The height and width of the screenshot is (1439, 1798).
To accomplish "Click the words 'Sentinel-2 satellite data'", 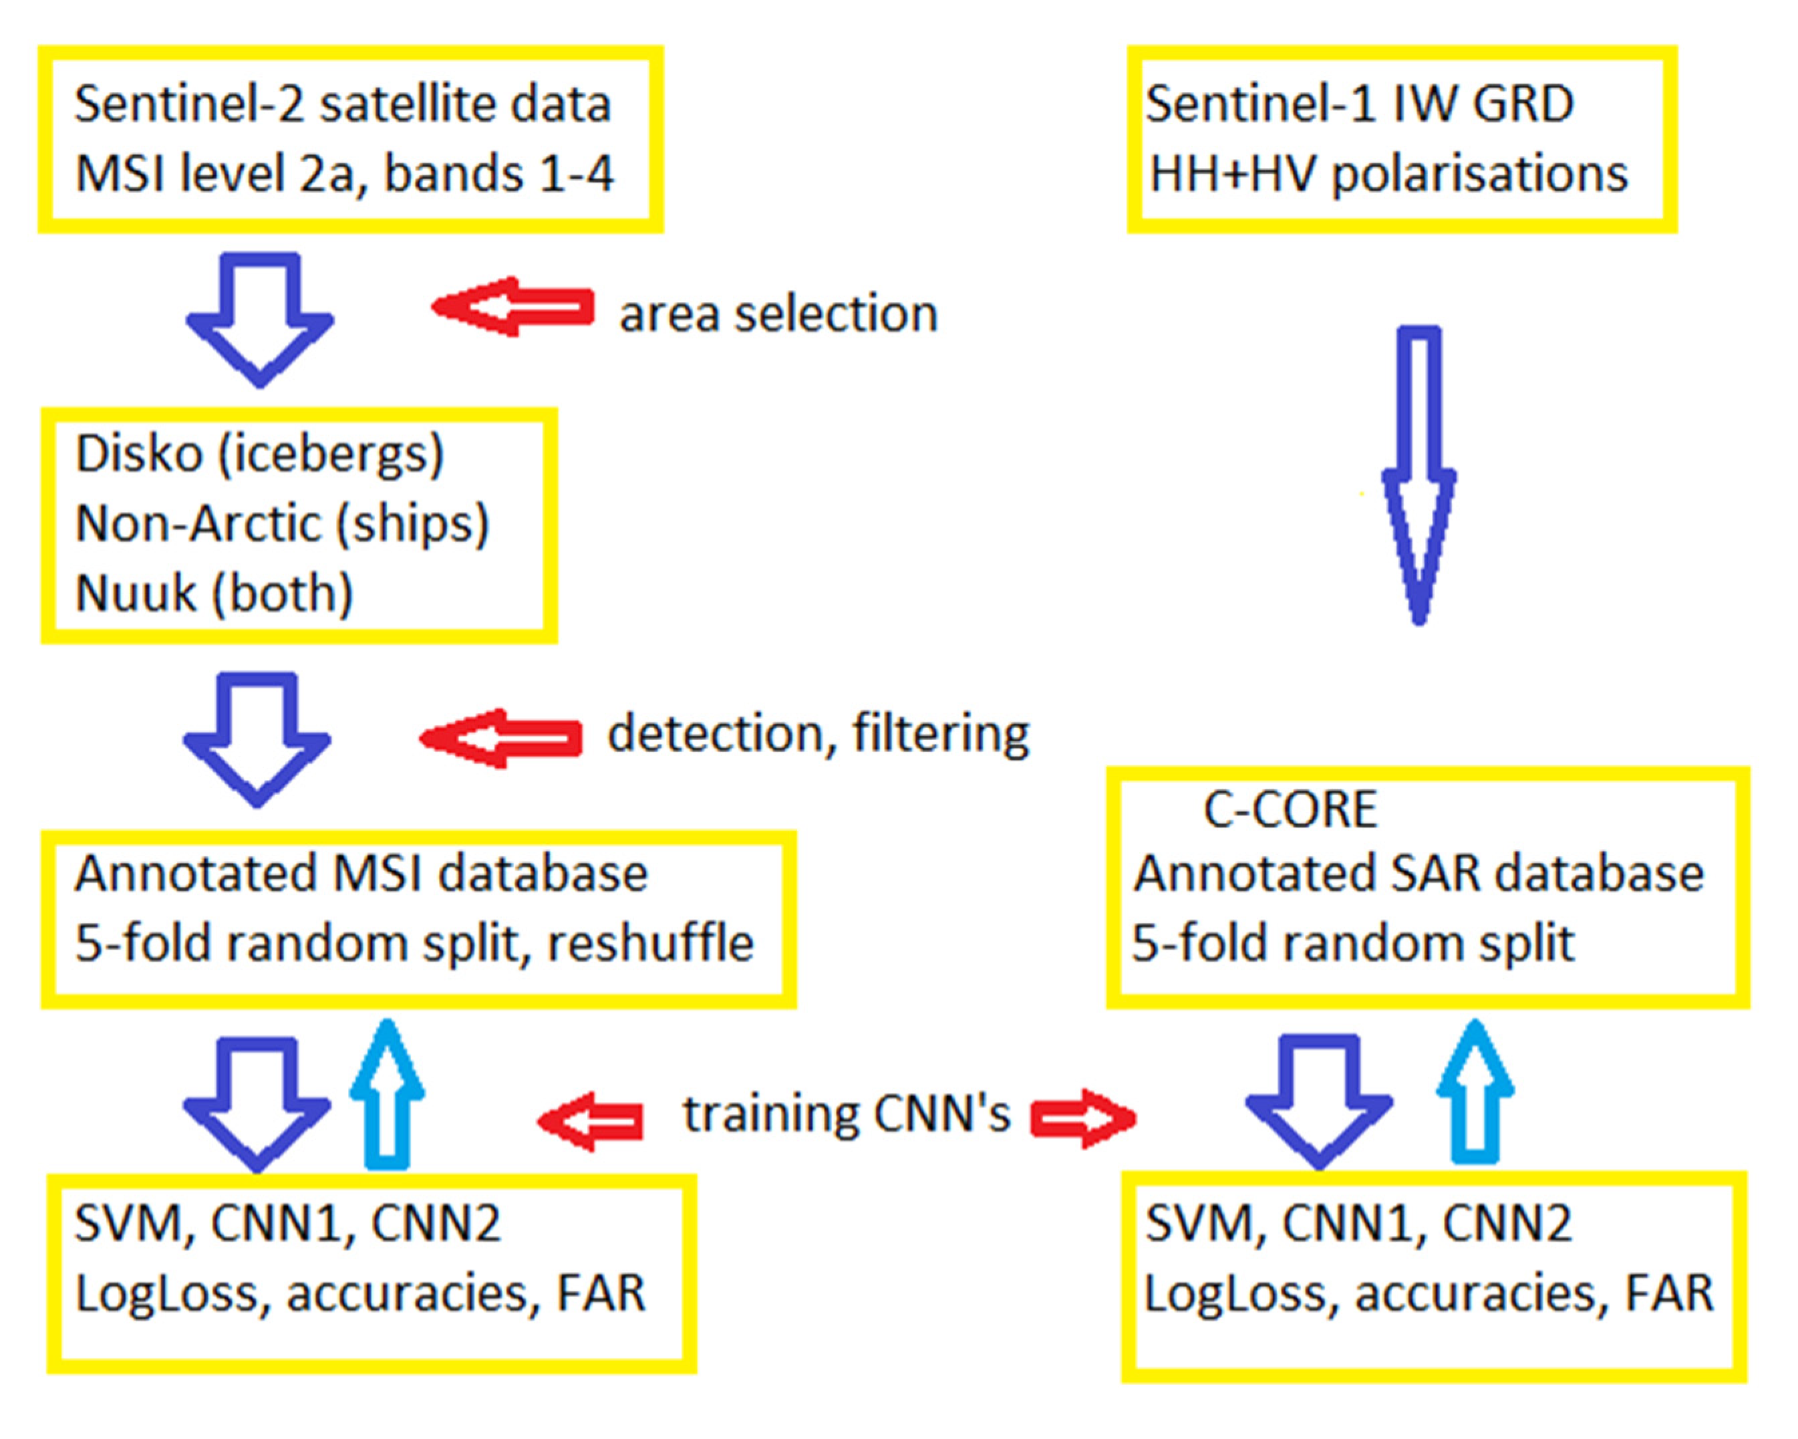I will pyautogui.click(x=343, y=105).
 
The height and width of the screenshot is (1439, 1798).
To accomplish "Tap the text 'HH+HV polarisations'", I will pyautogui.click(x=1388, y=175).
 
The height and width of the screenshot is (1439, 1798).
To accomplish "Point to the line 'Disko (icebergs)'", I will pyautogui.click(x=259, y=455).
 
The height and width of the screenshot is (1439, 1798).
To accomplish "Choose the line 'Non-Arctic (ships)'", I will pyautogui.click(x=282, y=525).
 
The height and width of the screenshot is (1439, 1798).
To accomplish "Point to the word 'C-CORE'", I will pyautogui.click(x=1290, y=810).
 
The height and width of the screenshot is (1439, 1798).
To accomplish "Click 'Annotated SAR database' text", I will pyautogui.click(x=1418, y=875).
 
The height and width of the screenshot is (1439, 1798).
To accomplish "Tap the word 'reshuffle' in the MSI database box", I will pyautogui.click(x=651, y=944).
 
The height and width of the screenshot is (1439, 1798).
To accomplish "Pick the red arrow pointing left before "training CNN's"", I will pyautogui.click(x=591, y=1121).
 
